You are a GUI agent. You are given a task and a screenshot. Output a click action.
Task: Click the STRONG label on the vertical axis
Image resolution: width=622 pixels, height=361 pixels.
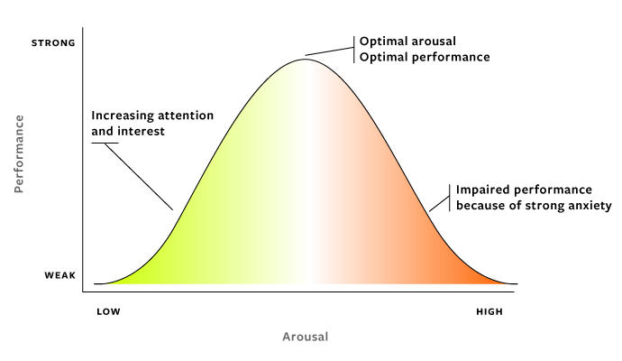(53, 42)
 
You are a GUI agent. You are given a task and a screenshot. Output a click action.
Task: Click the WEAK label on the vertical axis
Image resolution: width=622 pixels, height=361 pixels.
(59, 276)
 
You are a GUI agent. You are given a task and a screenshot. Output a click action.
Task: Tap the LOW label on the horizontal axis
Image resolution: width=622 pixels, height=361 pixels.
(107, 311)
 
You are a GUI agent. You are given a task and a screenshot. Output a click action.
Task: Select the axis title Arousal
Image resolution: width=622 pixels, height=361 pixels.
(306, 338)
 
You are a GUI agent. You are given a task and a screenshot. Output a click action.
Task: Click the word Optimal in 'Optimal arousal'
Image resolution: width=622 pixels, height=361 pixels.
(382, 42)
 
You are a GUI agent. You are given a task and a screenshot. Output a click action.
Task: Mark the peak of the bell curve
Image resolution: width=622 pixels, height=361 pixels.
(306, 59)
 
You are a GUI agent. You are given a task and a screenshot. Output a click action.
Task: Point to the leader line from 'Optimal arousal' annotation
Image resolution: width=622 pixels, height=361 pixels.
(329, 51)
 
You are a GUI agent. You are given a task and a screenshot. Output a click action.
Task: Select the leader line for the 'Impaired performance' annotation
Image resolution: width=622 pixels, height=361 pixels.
(439, 200)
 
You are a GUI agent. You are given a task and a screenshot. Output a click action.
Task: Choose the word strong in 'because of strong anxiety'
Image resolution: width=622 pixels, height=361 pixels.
(544, 206)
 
